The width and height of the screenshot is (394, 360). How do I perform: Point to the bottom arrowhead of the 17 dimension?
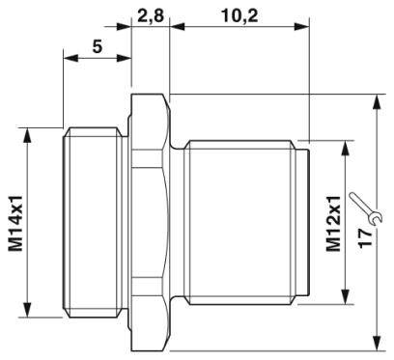pyautogui.click(x=376, y=342)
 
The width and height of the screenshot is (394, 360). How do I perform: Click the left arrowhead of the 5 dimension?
pyautogui.click(x=69, y=59)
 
